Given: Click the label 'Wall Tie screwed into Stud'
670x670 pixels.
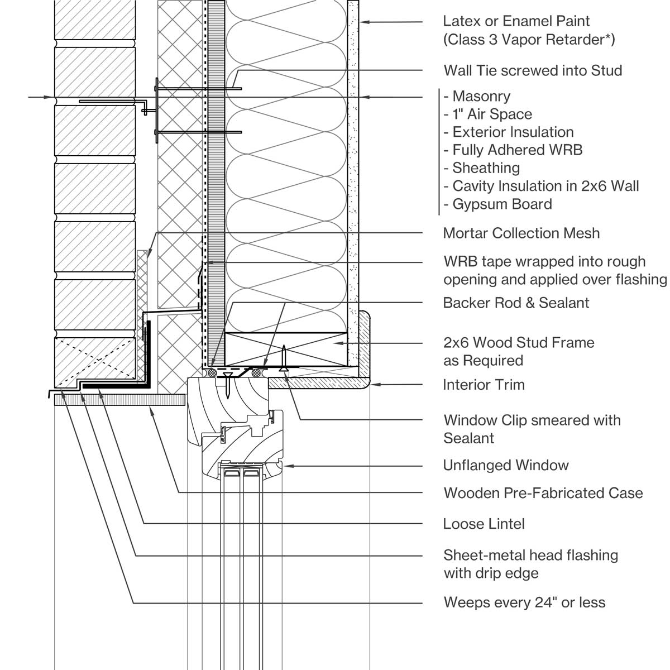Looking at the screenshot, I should coord(532,70).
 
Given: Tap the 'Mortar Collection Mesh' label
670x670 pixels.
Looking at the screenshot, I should coord(521,233).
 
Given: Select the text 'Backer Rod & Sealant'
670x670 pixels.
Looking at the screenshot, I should coord(516,303).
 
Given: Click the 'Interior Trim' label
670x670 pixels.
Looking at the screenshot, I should coord(484,385).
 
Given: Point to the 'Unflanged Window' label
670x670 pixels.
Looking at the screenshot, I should coord(505,465).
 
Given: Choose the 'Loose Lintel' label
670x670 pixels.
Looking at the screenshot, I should coord(484,524).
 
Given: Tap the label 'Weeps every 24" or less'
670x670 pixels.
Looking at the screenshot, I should coord(524,602).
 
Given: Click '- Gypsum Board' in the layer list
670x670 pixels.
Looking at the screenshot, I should coord(498,204).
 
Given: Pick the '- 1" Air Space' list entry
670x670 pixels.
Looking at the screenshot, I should coord(488,114).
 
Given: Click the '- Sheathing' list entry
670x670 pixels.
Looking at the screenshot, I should coord(482,167).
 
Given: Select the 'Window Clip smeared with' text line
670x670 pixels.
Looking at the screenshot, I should coord(532,420).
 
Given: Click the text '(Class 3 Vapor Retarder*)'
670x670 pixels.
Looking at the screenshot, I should coord(529,39).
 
